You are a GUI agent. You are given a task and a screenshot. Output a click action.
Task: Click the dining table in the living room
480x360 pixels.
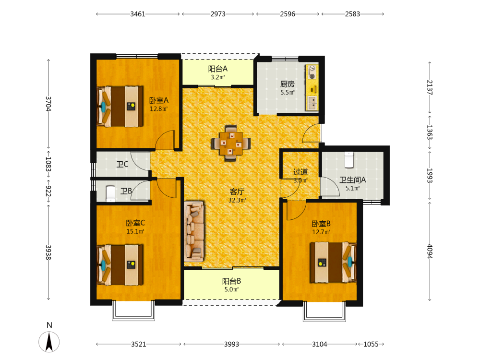(231, 143)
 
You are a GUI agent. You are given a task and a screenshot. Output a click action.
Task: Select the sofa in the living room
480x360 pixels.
(194, 231)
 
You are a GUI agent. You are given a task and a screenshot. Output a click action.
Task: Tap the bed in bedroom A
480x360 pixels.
(120, 106)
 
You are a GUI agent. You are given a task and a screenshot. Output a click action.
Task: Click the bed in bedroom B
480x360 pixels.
(334, 263)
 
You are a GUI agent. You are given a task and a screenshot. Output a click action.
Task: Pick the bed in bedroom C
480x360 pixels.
(120, 265)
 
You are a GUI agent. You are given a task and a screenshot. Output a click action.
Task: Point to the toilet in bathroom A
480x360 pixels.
(349, 159)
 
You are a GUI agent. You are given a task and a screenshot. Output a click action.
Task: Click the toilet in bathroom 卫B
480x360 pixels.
(110, 194)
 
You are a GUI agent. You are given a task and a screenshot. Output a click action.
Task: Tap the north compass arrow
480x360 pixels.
(49, 342)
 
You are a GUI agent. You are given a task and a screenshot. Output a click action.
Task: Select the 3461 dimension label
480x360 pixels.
(138, 14)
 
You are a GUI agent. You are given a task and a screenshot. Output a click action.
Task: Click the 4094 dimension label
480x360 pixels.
(430, 252)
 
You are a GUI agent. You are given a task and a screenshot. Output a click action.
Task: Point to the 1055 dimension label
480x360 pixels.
(371, 344)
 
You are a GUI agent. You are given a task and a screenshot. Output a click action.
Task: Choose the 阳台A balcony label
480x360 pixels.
(217, 69)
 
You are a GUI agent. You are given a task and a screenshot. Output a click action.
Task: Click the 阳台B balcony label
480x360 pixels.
(231, 281)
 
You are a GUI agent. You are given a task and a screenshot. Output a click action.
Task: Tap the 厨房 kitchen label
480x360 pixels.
(288, 84)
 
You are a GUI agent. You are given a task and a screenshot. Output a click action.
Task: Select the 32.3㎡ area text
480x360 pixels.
(237, 200)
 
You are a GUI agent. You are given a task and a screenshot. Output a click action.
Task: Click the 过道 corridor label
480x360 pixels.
(300, 172)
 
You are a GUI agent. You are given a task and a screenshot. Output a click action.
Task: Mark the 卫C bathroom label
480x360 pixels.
(122, 164)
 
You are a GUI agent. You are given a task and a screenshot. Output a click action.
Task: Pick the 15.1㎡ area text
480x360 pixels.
(135, 231)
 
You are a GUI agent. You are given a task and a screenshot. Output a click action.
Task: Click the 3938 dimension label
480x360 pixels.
(48, 252)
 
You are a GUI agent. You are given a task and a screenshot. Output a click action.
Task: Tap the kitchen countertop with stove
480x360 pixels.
(312, 87)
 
